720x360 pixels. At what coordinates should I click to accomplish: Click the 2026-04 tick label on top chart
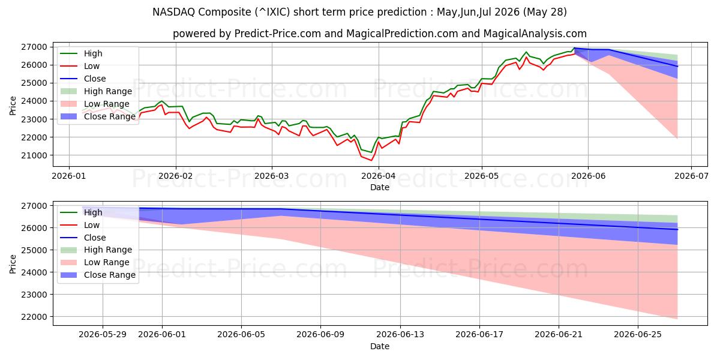379,176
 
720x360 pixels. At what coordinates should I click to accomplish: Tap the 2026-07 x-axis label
691,176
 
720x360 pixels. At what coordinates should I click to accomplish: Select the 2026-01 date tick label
69,176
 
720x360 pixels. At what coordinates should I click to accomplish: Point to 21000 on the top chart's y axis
34,155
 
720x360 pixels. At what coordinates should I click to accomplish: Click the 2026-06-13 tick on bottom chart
400,335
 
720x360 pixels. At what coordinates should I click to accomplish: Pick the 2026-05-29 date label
103,335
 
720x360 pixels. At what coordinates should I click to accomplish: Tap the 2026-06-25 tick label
638,335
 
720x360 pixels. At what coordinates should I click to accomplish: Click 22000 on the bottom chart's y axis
34,317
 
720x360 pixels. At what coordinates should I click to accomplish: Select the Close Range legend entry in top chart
98,116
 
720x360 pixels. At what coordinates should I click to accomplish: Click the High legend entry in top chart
82,53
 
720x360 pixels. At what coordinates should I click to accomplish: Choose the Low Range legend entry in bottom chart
95,262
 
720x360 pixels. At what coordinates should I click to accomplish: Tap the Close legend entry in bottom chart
83,238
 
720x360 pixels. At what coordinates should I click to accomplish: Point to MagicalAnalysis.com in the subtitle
535,34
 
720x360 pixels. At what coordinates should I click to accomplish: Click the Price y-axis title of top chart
13,106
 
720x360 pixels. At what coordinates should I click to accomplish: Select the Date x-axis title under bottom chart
380,346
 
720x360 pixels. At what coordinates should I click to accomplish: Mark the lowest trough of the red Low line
371,160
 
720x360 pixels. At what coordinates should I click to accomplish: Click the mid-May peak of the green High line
526,52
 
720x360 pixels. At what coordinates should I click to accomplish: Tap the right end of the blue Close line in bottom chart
677,229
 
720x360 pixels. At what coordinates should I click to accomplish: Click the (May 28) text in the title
545,12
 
